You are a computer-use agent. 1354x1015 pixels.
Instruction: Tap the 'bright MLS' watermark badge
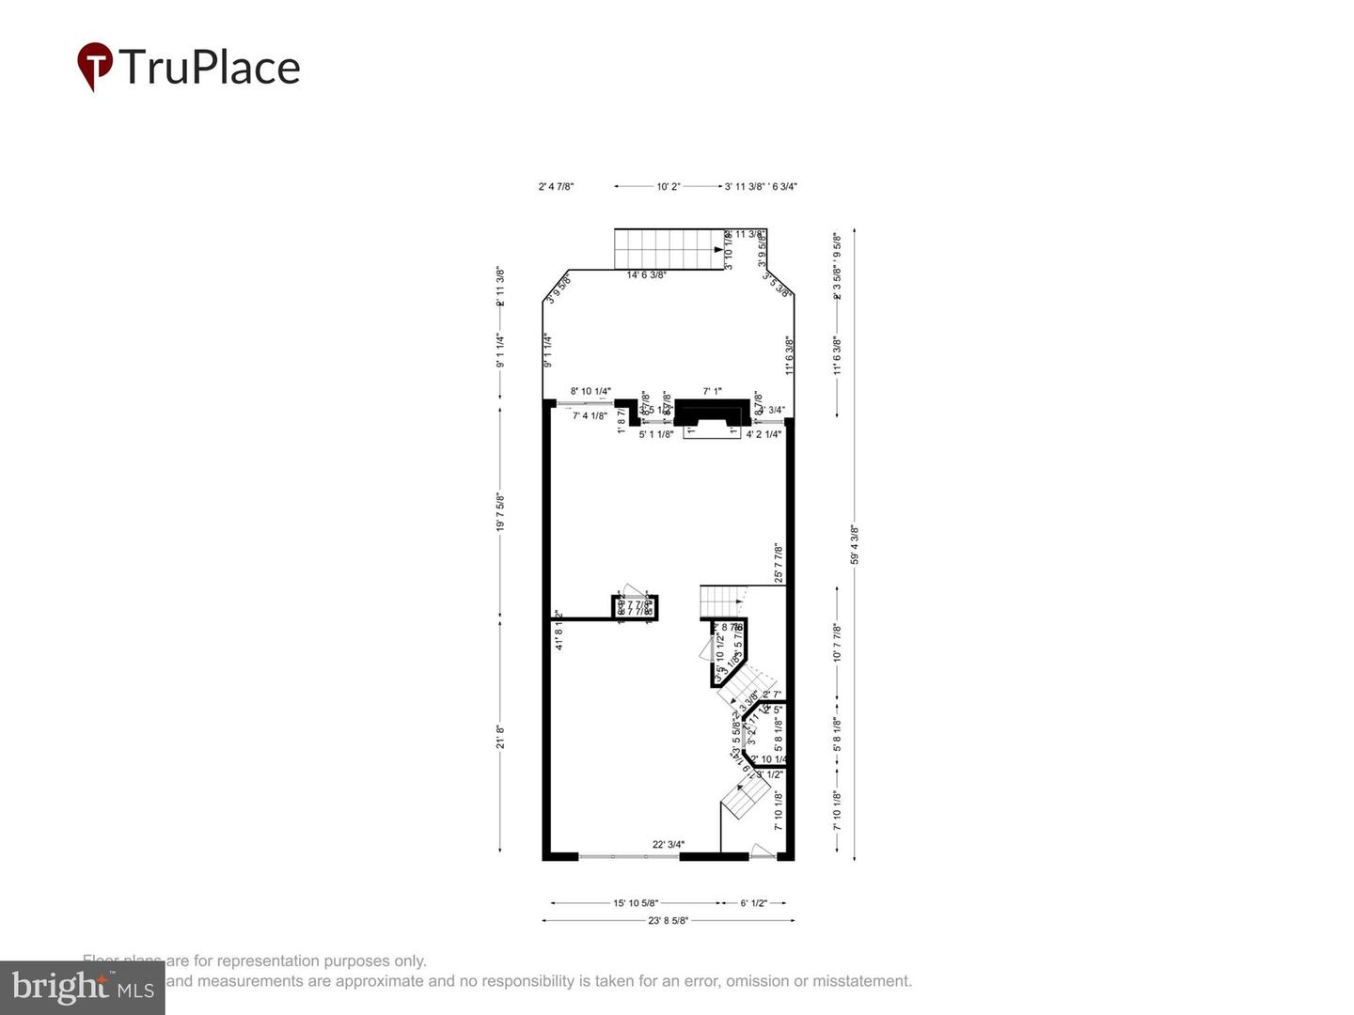pyautogui.click(x=83, y=987)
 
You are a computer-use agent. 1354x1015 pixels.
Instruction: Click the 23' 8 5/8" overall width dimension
pyautogui.click(x=668, y=921)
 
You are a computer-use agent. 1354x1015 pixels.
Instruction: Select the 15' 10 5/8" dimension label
pyautogui.click(x=636, y=903)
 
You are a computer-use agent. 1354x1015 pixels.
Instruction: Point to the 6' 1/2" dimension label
pyautogui.click(x=753, y=903)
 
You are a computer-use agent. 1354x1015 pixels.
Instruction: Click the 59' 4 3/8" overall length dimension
pyautogui.click(x=855, y=545)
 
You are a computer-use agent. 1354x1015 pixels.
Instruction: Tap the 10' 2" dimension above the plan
pyautogui.click(x=668, y=187)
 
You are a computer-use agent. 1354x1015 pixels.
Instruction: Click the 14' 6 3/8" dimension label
pyautogui.click(x=646, y=274)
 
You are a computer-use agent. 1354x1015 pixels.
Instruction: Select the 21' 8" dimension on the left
pyautogui.click(x=500, y=736)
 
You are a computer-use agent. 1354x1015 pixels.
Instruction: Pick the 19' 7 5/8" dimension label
pyautogui.click(x=500, y=513)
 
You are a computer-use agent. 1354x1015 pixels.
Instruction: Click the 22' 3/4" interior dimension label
pyautogui.click(x=668, y=844)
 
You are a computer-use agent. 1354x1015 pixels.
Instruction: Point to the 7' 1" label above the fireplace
pyautogui.click(x=712, y=391)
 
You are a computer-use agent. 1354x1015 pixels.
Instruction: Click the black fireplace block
pyautogui.click(x=712, y=412)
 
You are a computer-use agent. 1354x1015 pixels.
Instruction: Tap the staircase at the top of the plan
pyautogui.click(x=668, y=249)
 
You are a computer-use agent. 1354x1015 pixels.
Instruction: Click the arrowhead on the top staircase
pyautogui.click(x=719, y=251)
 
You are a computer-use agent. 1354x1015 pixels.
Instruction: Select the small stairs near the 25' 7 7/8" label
pyautogui.click(x=722, y=598)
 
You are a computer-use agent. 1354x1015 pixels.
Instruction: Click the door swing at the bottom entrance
pyautogui.click(x=762, y=851)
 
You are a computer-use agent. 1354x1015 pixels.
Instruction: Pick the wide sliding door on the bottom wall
pyautogui.click(x=628, y=856)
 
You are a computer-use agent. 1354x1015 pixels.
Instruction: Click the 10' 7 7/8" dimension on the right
pyautogui.click(x=837, y=643)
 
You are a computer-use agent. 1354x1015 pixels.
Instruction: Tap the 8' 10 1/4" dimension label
pyautogui.click(x=590, y=391)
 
